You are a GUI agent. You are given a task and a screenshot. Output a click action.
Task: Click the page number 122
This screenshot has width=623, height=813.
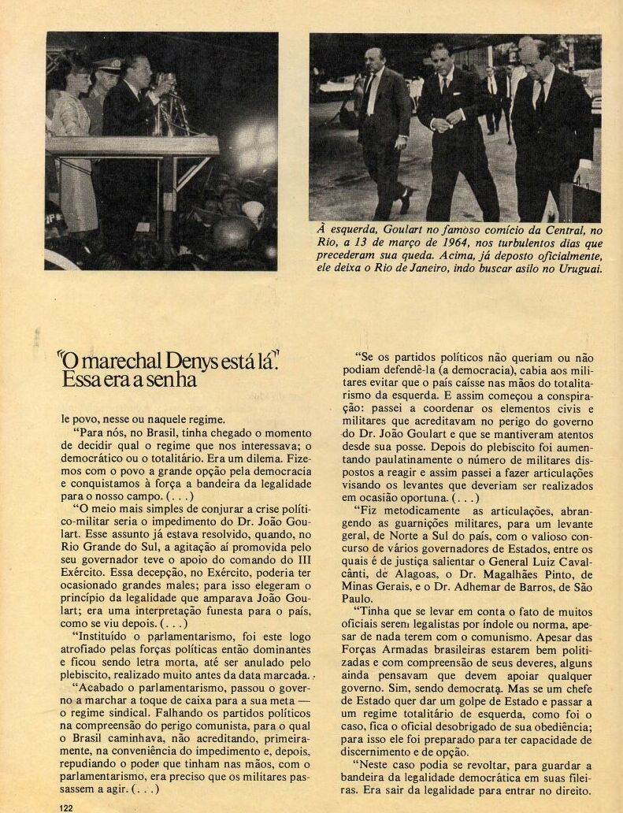(66, 807)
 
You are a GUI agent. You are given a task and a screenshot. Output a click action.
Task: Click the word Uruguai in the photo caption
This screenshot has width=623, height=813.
(577, 269)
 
